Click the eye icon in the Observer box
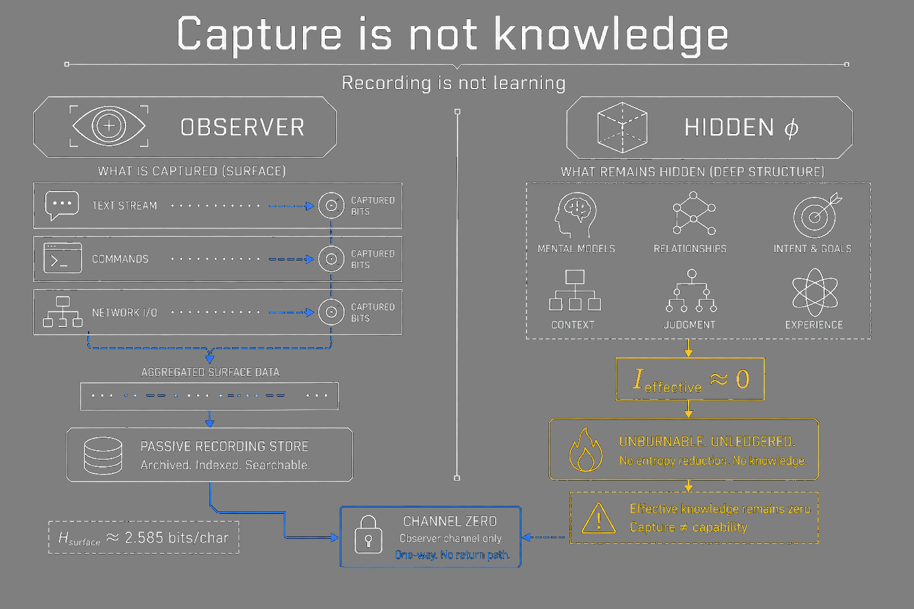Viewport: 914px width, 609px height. [x=109, y=125]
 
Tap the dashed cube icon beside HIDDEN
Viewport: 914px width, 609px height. [x=622, y=128]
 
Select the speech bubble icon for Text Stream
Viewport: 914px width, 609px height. [x=62, y=205]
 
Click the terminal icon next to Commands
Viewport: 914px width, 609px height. [x=62, y=258]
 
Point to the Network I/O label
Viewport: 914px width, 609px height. [x=124, y=312]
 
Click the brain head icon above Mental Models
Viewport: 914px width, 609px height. [x=575, y=215]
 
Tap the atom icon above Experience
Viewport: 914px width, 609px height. [x=815, y=292]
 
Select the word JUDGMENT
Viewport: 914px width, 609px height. [x=690, y=325]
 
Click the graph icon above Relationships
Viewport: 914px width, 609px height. [x=694, y=213]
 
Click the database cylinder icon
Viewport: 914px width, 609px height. [x=103, y=456]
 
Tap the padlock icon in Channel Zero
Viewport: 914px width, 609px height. [x=368, y=535]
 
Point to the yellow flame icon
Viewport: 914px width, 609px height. [x=586, y=450]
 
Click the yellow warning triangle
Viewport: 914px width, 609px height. [x=599, y=519]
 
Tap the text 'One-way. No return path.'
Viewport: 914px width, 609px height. [x=452, y=555]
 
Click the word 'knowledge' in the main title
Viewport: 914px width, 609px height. [x=611, y=34]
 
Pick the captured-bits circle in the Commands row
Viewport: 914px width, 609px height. [x=331, y=259]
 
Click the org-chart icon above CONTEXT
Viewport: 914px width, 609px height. [x=575, y=290]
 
